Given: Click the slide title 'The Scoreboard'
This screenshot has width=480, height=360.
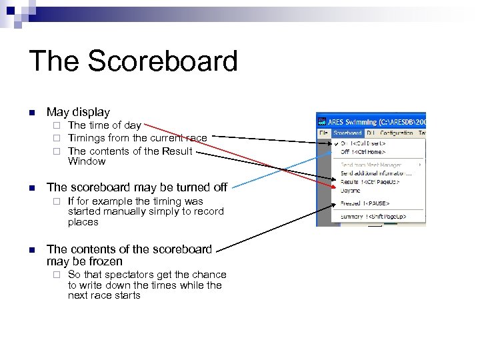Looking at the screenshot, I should [133, 61].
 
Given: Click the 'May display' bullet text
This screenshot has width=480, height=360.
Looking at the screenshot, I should [78, 112].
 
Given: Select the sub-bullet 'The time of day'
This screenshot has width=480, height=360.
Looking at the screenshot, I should [104, 125].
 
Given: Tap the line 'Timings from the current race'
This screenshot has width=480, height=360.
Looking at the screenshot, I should [137, 138].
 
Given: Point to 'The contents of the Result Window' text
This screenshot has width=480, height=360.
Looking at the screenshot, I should [130, 151].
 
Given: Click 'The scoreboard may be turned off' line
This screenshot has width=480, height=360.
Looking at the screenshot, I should [137, 187].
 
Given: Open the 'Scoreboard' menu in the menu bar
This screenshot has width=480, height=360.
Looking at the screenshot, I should [347, 133].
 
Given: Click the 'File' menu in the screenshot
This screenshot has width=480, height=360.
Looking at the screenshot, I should [323, 133].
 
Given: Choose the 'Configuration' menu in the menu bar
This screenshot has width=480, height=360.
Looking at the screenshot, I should [396, 133].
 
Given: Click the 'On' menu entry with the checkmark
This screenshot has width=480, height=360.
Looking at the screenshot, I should [363, 143].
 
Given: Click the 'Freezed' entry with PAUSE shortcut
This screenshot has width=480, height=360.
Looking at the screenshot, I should [365, 203].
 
